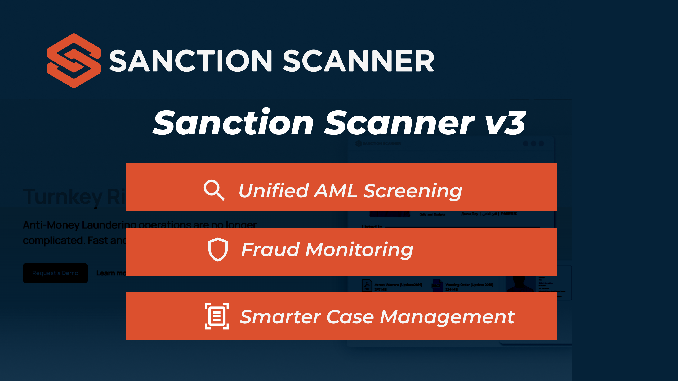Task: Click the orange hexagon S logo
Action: pos(74,61)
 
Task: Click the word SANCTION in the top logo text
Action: pos(191,61)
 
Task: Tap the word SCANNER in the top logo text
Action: pos(359,61)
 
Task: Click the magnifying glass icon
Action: pos(214,190)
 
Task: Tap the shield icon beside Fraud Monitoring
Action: pos(218,249)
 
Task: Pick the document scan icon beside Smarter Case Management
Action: pos(217,316)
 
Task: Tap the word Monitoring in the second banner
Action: pos(359,250)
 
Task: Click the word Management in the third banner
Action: pos(447,317)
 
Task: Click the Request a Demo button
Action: pos(55,273)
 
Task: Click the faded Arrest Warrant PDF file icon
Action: pos(367,285)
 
